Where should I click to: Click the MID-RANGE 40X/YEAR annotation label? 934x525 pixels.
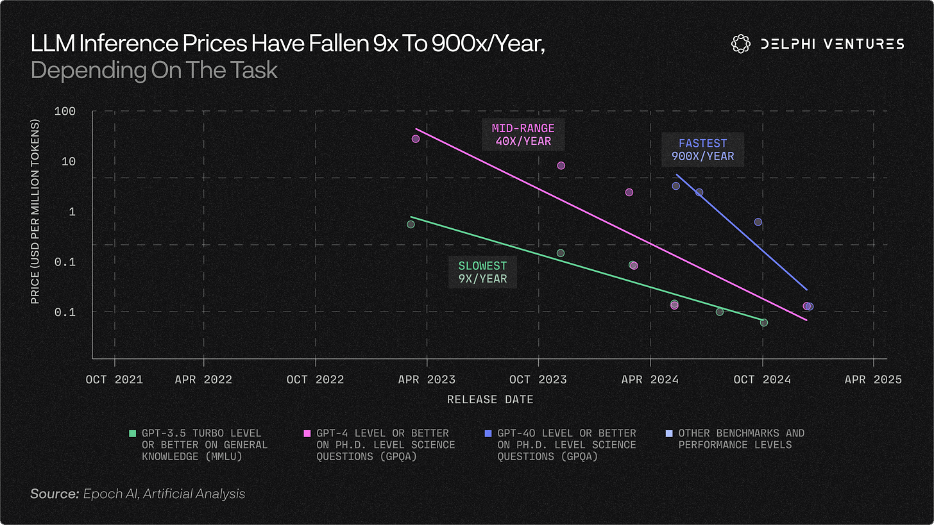click(523, 135)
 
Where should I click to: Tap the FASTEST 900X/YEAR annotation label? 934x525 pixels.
click(702, 149)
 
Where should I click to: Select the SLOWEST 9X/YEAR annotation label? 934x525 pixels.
click(482, 272)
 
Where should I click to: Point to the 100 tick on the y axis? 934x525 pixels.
click(65, 112)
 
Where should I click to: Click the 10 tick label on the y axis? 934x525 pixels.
click(69, 162)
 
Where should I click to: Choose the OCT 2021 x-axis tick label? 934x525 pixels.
click(114, 379)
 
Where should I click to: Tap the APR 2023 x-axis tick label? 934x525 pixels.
click(427, 379)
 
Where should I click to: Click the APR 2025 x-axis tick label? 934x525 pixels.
click(873, 379)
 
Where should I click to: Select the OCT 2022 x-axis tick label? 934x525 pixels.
click(315, 379)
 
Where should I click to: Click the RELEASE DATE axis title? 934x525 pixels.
click(490, 399)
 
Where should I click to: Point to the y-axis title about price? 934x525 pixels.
click(35, 212)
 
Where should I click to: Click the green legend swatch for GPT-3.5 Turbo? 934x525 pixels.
click(133, 433)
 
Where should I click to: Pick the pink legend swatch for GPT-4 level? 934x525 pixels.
click(307, 433)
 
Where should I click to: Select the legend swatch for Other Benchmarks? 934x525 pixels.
click(669, 433)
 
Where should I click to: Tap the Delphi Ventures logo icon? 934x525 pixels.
click(740, 44)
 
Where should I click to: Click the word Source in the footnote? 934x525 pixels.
click(55, 494)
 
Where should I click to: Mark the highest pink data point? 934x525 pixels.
click(416, 138)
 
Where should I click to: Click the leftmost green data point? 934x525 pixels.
click(411, 224)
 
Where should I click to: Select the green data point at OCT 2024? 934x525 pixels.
click(764, 322)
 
